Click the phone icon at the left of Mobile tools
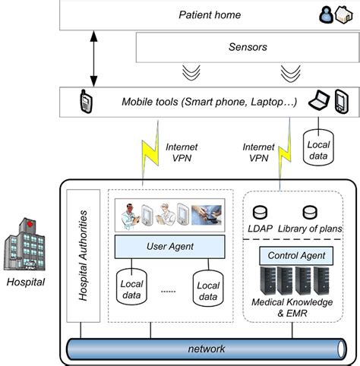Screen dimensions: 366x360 tap(85, 101)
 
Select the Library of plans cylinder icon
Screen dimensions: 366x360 tap(309, 213)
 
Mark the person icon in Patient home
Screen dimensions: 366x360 tap(328, 14)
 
